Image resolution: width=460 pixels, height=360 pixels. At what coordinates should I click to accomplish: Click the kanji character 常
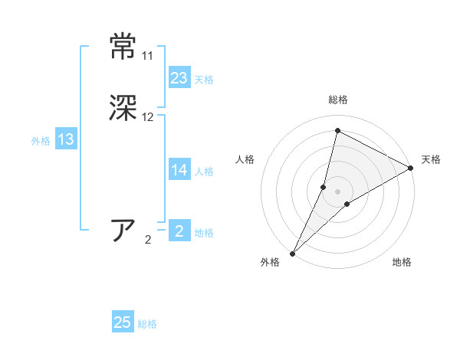tap(123, 46)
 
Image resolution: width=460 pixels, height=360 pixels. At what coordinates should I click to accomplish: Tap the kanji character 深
tap(123, 108)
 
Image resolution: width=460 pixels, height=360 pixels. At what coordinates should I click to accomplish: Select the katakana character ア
tap(123, 231)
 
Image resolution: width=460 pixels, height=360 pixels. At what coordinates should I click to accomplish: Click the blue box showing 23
tap(179, 78)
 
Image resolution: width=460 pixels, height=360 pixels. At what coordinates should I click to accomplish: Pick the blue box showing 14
tap(179, 171)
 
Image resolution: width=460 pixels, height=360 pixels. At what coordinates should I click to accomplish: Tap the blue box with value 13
tap(66, 139)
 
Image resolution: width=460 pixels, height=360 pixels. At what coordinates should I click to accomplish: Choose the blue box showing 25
tap(123, 322)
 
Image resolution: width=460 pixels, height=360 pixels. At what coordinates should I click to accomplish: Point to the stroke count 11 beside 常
tap(147, 56)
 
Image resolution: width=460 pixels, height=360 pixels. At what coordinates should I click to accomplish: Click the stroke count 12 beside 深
tap(147, 117)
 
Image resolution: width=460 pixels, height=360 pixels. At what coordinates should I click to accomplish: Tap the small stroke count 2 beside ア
tap(148, 240)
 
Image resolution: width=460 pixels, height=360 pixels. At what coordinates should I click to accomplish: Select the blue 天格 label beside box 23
tap(204, 80)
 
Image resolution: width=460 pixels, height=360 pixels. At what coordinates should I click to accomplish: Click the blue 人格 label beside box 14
tap(204, 172)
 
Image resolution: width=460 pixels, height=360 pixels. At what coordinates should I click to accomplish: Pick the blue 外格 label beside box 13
tap(41, 141)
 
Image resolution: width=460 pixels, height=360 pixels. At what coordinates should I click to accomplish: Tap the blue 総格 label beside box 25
tap(147, 324)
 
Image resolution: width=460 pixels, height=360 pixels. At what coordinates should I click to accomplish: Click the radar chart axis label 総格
tap(337, 100)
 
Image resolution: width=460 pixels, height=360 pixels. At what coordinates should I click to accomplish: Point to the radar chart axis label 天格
tap(431, 159)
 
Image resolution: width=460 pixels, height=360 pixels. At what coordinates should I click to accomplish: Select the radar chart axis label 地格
tap(402, 262)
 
